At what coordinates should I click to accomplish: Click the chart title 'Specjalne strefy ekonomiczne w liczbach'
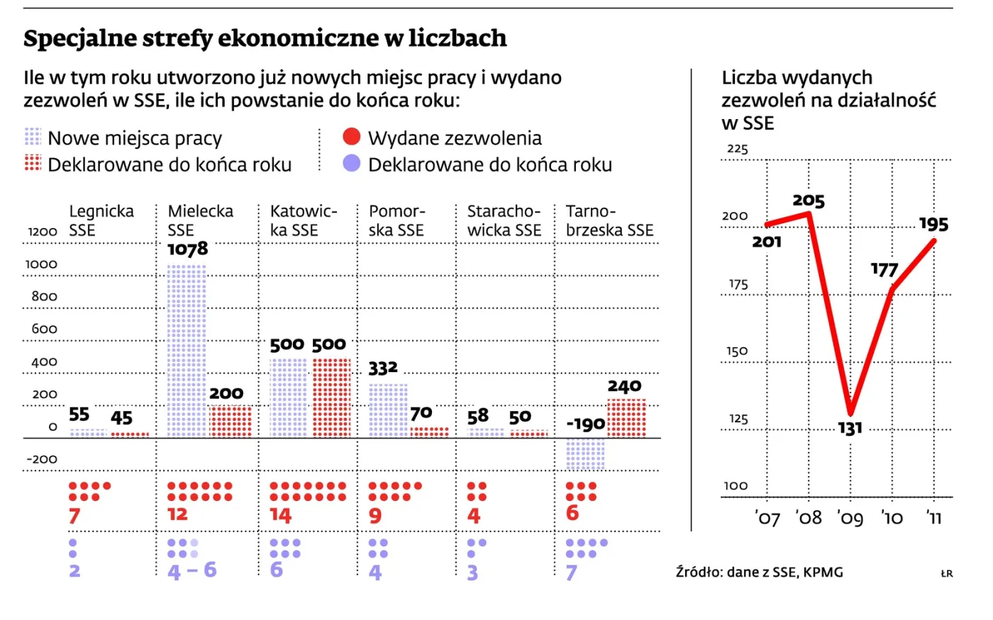coord(265,38)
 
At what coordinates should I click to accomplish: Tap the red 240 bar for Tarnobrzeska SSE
coord(626,419)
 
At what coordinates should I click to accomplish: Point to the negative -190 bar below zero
coord(585,454)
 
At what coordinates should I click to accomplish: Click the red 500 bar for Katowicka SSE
coord(332,398)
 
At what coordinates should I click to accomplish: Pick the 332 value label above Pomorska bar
coord(383,368)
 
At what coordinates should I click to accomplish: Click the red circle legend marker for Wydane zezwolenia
coord(352,136)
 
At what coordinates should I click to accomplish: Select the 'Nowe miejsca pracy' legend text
coord(135,138)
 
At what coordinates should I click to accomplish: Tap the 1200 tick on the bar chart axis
coord(43,232)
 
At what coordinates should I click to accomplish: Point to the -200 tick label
coord(42,459)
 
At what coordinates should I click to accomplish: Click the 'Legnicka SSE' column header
coord(101,220)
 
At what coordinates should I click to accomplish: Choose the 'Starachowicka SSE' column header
coord(504,220)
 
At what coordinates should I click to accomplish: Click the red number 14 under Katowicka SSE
coord(281,516)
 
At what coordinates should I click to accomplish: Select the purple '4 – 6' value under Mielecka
coord(192,570)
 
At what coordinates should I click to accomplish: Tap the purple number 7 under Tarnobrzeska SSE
coord(572,573)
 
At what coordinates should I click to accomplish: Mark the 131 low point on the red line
coord(850,414)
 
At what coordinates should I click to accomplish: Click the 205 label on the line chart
coord(809,201)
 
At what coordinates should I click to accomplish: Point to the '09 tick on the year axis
coord(850,518)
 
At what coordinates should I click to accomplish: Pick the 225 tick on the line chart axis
coord(738,149)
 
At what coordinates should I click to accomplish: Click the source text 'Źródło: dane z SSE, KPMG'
coord(760,573)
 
